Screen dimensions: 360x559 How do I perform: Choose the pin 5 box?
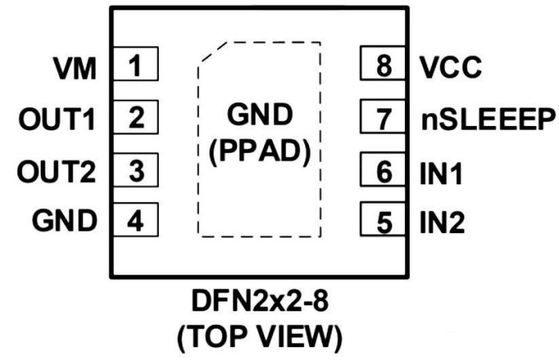click(x=385, y=220)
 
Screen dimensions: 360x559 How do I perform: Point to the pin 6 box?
click(x=385, y=170)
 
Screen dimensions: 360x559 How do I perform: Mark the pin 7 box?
click(x=385, y=119)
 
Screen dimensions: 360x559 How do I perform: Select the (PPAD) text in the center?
click(x=260, y=150)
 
